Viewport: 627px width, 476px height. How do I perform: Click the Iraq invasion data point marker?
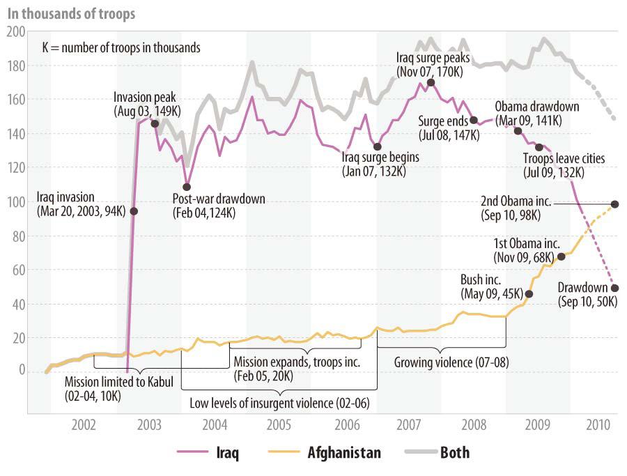click(x=134, y=211)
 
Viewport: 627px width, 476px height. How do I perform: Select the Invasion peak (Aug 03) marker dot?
click(x=155, y=124)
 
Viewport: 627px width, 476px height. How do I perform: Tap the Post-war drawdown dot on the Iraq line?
click(x=187, y=187)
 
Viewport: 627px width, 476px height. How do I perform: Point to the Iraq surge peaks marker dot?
click(x=431, y=83)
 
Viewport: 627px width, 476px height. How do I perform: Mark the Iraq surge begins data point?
click(x=377, y=146)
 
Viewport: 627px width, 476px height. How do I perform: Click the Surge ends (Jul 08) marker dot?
click(x=474, y=120)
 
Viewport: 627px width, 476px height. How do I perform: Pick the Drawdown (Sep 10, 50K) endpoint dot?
click(x=615, y=288)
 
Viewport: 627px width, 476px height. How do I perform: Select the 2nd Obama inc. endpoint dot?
click(x=615, y=204)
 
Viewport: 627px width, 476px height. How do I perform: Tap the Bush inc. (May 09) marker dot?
click(x=529, y=294)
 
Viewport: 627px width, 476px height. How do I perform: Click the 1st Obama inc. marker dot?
click(x=562, y=256)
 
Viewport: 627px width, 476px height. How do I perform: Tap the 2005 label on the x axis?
click(x=279, y=424)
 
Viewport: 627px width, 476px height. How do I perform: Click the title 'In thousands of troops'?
click(x=71, y=13)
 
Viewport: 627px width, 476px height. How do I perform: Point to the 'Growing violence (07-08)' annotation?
click(x=442, y=362)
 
